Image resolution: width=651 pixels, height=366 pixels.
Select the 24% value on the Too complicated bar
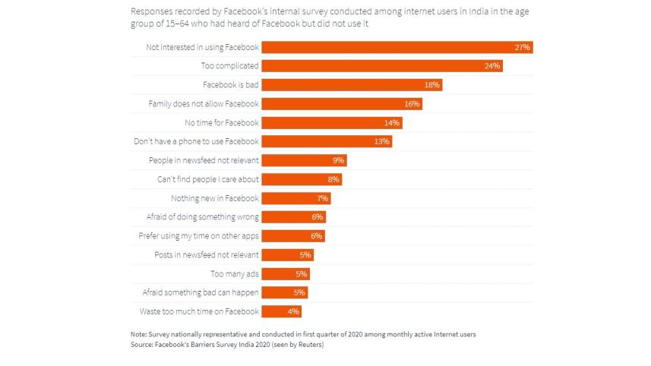coord(491,66)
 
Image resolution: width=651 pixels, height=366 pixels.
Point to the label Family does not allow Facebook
coord(204,103)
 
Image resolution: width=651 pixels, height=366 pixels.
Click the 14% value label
coord(392,122)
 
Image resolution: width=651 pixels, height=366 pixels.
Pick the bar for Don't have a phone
coord(327,141)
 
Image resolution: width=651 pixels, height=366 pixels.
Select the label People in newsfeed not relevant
coord(204,160)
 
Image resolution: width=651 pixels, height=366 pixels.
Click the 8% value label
coord(333,179)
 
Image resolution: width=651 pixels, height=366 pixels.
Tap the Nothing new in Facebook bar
coord(297,198)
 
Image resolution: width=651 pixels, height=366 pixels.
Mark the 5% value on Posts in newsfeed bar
coord(305,255)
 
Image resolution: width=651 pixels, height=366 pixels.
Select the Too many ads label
coord(235,273)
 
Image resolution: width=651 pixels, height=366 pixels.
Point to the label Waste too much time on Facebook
coord(199,311)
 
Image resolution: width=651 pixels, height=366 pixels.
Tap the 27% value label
coord(522,47)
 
